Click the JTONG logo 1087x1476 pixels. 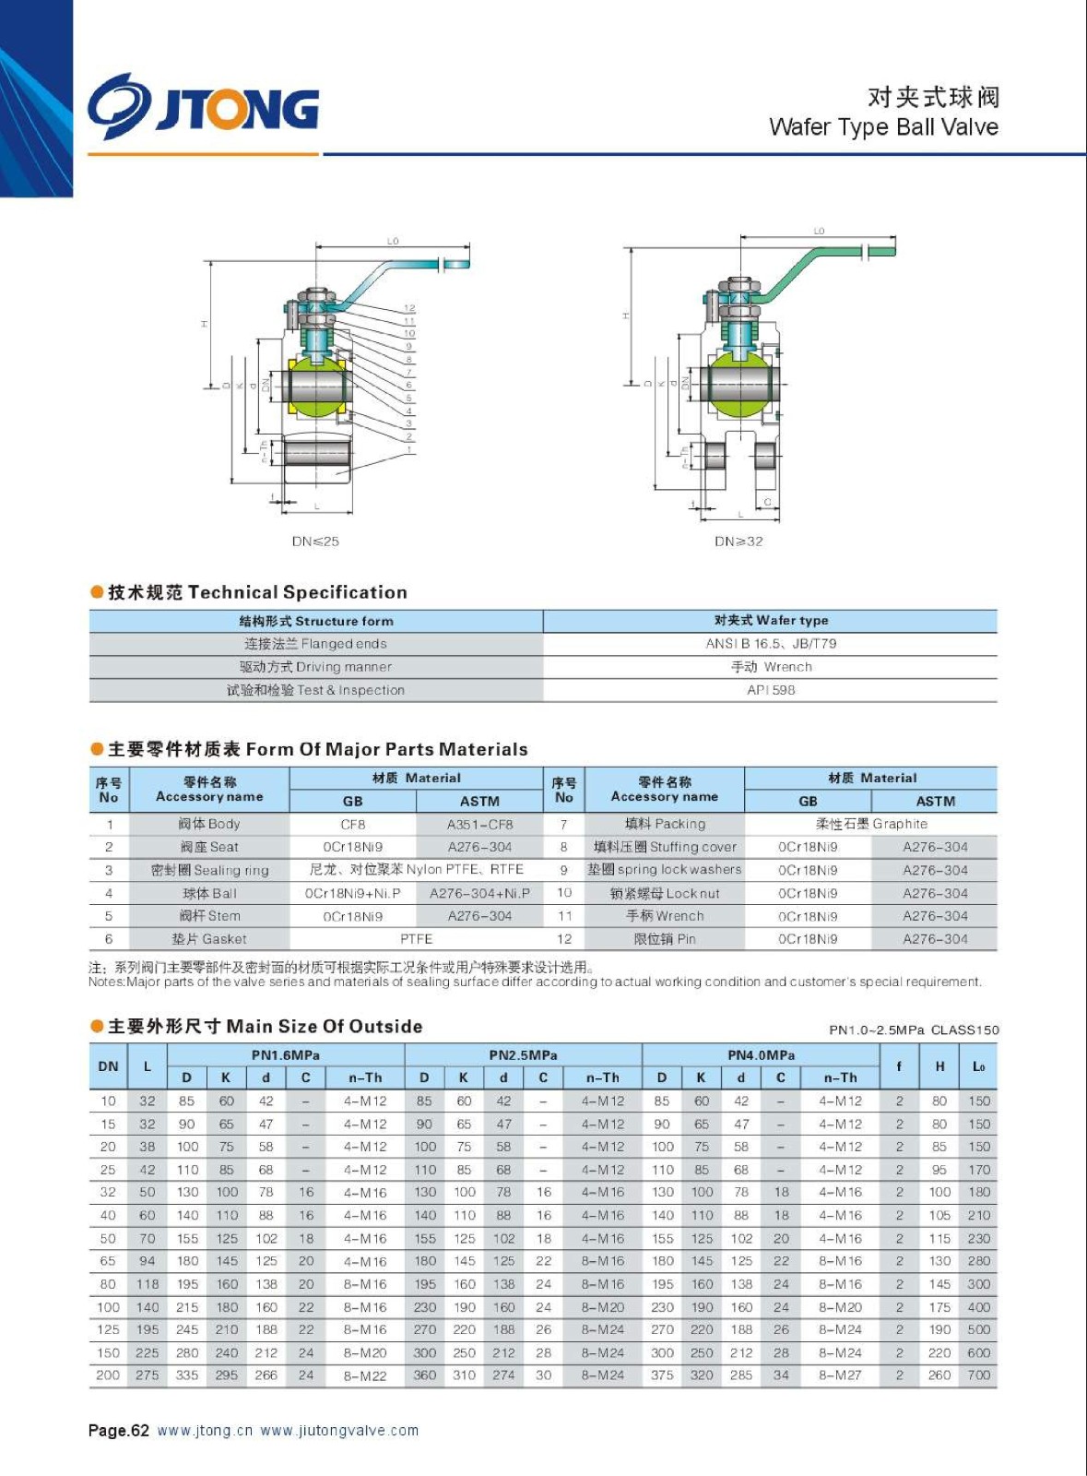coord(204,107)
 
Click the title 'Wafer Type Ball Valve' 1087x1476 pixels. coord(883,127)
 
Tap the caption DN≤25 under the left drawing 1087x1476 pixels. coord(315,542)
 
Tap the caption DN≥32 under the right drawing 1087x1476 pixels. coord(738,542)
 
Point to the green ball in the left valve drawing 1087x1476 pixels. coord(316,387)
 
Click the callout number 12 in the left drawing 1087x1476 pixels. coord(409,308)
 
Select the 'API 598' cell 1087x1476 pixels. coord(771,690)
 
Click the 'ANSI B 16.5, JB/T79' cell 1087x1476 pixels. coord(771,644)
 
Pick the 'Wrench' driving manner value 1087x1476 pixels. coord(771,667)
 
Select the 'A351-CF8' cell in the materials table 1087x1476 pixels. coord(479,825)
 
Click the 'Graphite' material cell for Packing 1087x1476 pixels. coord(871,824)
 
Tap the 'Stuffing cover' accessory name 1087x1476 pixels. coord(665,847)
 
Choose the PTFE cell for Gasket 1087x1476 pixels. coord(416,939)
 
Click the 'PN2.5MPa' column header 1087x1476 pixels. coord(523,1054)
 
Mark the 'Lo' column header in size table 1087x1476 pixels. coord(978,1066)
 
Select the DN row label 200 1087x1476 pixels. coord(108,1375)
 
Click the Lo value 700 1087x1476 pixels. coord(978,1375)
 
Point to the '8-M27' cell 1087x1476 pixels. coord(840,1375)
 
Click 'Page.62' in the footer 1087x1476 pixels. coord(119,1431)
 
